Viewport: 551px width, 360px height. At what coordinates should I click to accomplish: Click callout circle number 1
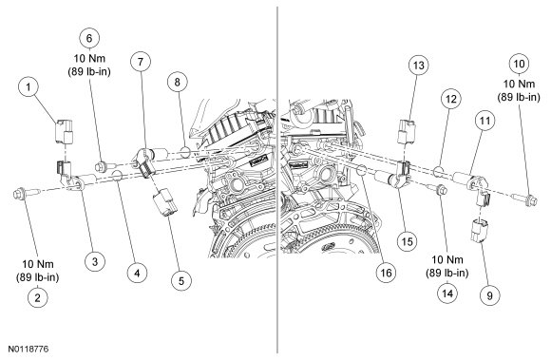(28, 86)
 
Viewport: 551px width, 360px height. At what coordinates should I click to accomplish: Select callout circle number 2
(37, 297)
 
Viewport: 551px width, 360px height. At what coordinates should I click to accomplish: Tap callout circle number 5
(181, 280)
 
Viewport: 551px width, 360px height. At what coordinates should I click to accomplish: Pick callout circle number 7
(141, 62)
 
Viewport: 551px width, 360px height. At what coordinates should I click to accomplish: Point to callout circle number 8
(177, 82)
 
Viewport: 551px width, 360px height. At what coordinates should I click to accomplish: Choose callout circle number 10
(519, 64)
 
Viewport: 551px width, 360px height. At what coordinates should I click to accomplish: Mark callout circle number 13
(419, 66)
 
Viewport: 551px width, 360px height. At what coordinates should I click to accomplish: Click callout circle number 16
(386, 273)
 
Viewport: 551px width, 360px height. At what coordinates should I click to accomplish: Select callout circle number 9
(489, 295)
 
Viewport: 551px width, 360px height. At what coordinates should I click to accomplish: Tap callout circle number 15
(407, 241)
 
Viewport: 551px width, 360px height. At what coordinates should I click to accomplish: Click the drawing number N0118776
(28, 350)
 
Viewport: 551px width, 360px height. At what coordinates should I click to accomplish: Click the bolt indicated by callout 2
(27, 194)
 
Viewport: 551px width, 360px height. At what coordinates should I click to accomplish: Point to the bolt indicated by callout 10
(524, 199)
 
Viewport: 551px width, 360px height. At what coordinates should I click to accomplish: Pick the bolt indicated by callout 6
(104, 166)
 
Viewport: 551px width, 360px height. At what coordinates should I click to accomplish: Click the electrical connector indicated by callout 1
(65, 132)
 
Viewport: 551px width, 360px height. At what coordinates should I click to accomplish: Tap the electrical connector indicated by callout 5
(165, 202)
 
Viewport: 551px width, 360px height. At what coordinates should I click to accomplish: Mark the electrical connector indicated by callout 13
(407, 132)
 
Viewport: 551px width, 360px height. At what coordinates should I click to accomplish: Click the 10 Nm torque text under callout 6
(89, 58)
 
